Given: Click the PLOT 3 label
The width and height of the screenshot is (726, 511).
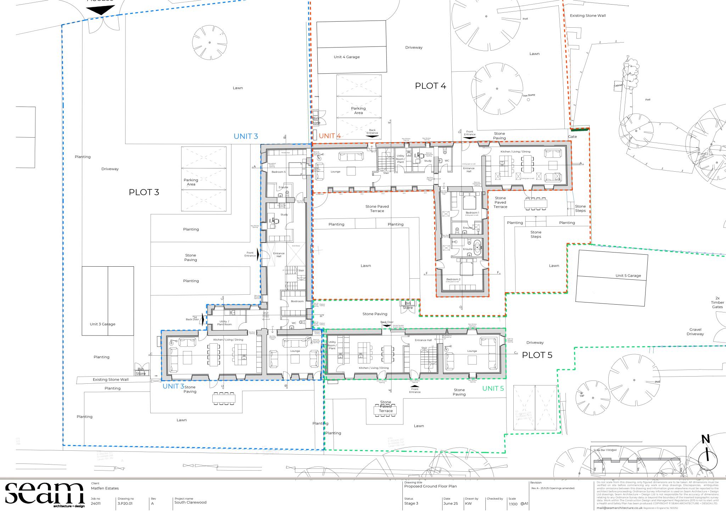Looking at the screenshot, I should pyautogui.click(x=144, y=192).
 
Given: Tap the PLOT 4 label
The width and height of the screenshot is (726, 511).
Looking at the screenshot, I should pyautogui.click(x=430, y=86).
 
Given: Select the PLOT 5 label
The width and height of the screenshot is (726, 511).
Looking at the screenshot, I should pyautogui.click(x=537, y=355).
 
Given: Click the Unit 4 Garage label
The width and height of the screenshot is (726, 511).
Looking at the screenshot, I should pyautogui.click(x=346, y=57).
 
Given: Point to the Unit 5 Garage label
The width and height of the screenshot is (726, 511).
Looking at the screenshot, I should pyautogui.click(x=628, y=276).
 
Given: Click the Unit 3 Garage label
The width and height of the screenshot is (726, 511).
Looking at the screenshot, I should pyautogui.click(x=102, y=324).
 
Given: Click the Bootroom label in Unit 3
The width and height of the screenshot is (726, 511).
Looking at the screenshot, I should pyautogui.click(x=297, y=301).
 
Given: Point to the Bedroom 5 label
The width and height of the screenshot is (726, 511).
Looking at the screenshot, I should pyautogui.click(x=278, y=172).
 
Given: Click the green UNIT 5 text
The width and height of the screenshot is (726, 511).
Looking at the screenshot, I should pyautogui.click(x=493, y=388).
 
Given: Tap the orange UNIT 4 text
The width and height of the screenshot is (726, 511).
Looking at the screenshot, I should pyautogui.click(x=330, y=136).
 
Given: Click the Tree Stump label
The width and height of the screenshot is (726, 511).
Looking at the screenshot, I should pyautogui.click(x=529, y=95).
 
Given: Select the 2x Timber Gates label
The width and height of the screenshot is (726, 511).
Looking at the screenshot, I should pyautogui.click(x=717, y=302).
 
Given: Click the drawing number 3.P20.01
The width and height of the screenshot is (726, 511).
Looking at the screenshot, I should pyautogui.click(x=125, y=503).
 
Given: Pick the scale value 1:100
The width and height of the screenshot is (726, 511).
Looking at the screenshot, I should pyautogui.click(x=513, y=504).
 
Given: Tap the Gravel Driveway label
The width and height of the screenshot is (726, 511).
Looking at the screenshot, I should pyautogui.click(x=695, y=332).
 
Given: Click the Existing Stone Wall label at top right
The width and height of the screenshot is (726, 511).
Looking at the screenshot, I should pyautogui.click(x=587, y=16).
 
